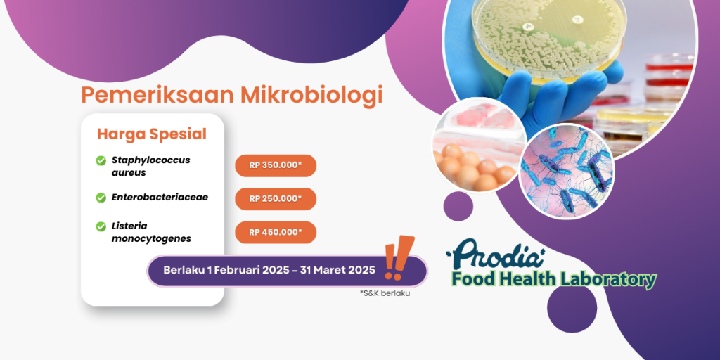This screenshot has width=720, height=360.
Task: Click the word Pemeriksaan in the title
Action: tap(157, 95)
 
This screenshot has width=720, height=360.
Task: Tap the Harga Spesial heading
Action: tap(152, 134)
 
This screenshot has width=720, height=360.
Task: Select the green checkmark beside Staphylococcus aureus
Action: tap(101, 161)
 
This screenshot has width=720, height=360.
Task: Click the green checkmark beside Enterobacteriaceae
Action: tap(101, 198)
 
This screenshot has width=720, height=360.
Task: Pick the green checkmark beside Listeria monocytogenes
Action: tap(101, 227)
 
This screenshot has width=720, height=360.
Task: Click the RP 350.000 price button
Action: tap(276, 166)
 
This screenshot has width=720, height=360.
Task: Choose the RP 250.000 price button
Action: tap(276, 199)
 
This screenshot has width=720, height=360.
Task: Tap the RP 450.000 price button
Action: tap(276, 232)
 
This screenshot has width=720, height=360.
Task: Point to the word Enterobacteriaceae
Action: tap(160, 197)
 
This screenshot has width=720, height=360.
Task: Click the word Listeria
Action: tap(129, 226)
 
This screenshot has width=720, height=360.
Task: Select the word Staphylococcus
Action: tap(150, 161)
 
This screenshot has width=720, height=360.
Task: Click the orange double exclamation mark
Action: tap(399, 257)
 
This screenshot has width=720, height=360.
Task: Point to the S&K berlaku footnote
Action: tap(385, 293)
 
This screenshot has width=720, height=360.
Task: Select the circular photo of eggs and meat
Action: tap(480, 146)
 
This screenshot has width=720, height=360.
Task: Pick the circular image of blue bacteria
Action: tap(567, 171)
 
